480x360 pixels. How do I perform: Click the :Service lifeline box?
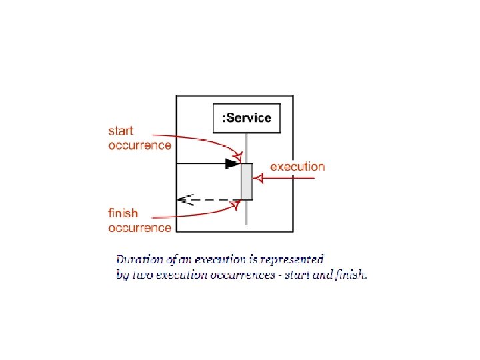point(246,118)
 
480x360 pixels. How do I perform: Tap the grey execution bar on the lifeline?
point(247,181)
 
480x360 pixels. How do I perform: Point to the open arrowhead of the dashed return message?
point(182,199)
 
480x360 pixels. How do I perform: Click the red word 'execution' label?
point(297,167)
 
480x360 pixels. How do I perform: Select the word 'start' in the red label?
point(121,131)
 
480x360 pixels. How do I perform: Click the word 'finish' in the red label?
point(123,213)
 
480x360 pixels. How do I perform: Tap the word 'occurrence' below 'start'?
point(140,145)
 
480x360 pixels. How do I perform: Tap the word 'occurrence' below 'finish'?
point(140,227)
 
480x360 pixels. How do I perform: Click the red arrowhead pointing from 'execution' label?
point(259,178)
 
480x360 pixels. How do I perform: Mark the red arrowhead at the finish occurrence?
point(235,203)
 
